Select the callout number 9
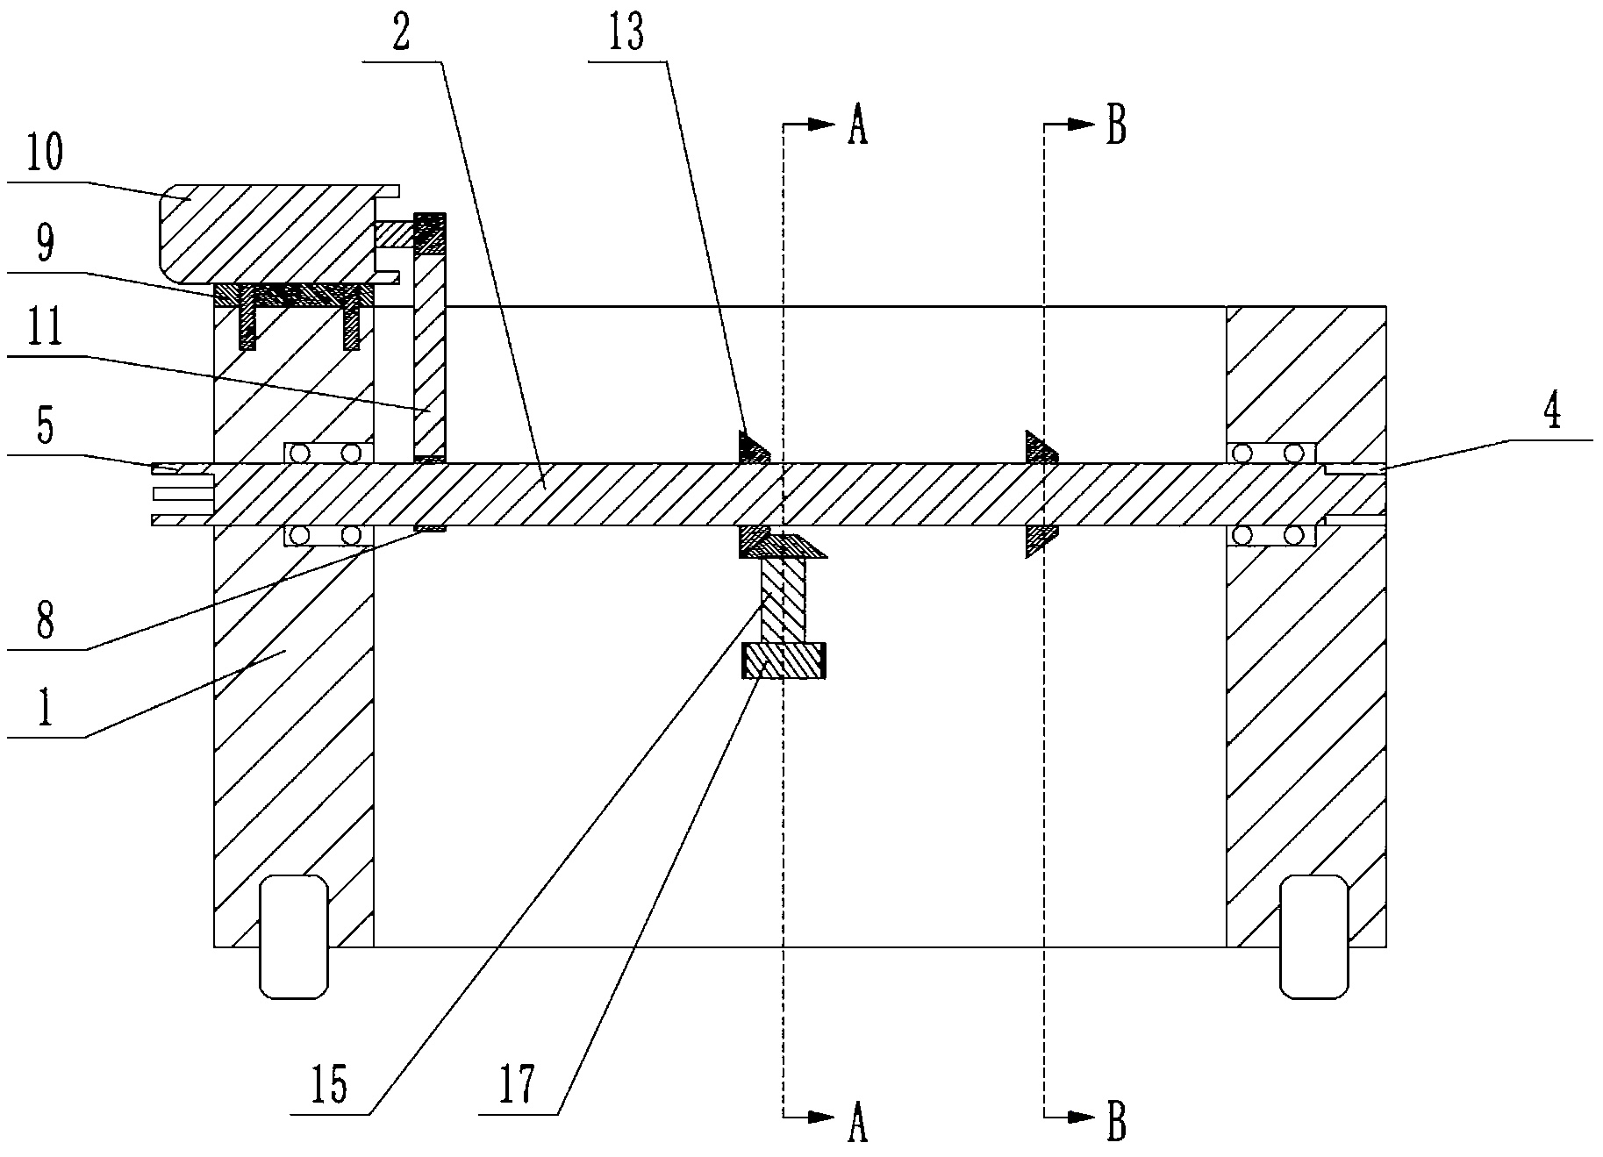coord(45,244)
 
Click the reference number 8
coord(45,621)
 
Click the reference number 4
coord(1553,412)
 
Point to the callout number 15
coord(328,1085)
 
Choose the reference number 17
coord(518,1085)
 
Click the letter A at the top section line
coord(857,127)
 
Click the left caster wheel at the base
coord(294,936)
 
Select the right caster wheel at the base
coord(1313,936)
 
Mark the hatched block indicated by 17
coord(784,661)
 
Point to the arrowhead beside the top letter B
coord(1082,125)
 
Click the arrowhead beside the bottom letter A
coord(821,1117)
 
